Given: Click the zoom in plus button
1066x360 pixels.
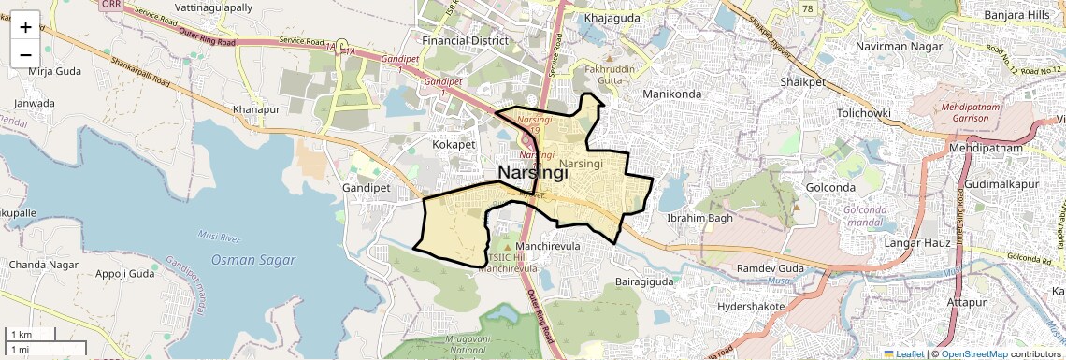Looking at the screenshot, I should click(25, 26).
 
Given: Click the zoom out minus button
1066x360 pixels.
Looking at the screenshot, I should click(25, 54).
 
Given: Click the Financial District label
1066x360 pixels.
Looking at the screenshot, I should click(465, 41).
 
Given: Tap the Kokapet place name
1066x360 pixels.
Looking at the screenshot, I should click(454, 145).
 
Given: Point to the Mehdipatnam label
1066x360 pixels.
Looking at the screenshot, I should click(986, 149).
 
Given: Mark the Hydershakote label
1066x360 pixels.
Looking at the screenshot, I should click(751, 306).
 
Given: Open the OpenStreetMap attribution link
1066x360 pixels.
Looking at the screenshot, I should click(974, 353).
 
